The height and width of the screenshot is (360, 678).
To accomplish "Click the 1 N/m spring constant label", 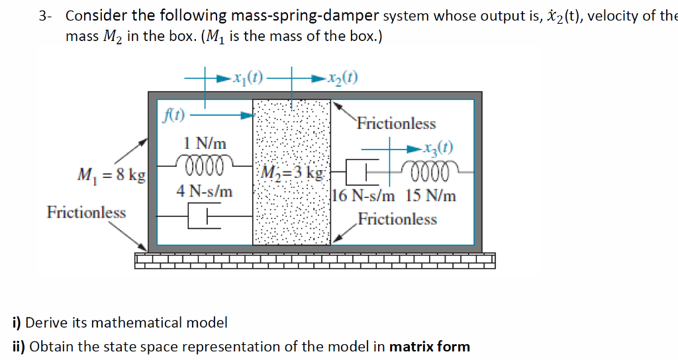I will tap(205, 143).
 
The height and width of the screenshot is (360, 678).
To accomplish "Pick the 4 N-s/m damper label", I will tap(205, 191).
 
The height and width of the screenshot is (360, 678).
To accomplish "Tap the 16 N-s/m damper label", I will tap(364, 196).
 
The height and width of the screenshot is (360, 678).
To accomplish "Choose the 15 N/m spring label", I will tap(431, 196).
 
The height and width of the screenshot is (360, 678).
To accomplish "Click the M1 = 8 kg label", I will tap(107, 175).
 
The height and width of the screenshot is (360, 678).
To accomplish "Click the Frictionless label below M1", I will tap(86, 212).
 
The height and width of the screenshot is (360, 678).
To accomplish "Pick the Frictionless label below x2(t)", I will tap(397, 124).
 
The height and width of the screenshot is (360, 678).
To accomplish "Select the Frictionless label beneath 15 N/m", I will tap(397, 219).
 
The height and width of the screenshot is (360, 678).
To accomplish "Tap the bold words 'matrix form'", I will tap(430, 346).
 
